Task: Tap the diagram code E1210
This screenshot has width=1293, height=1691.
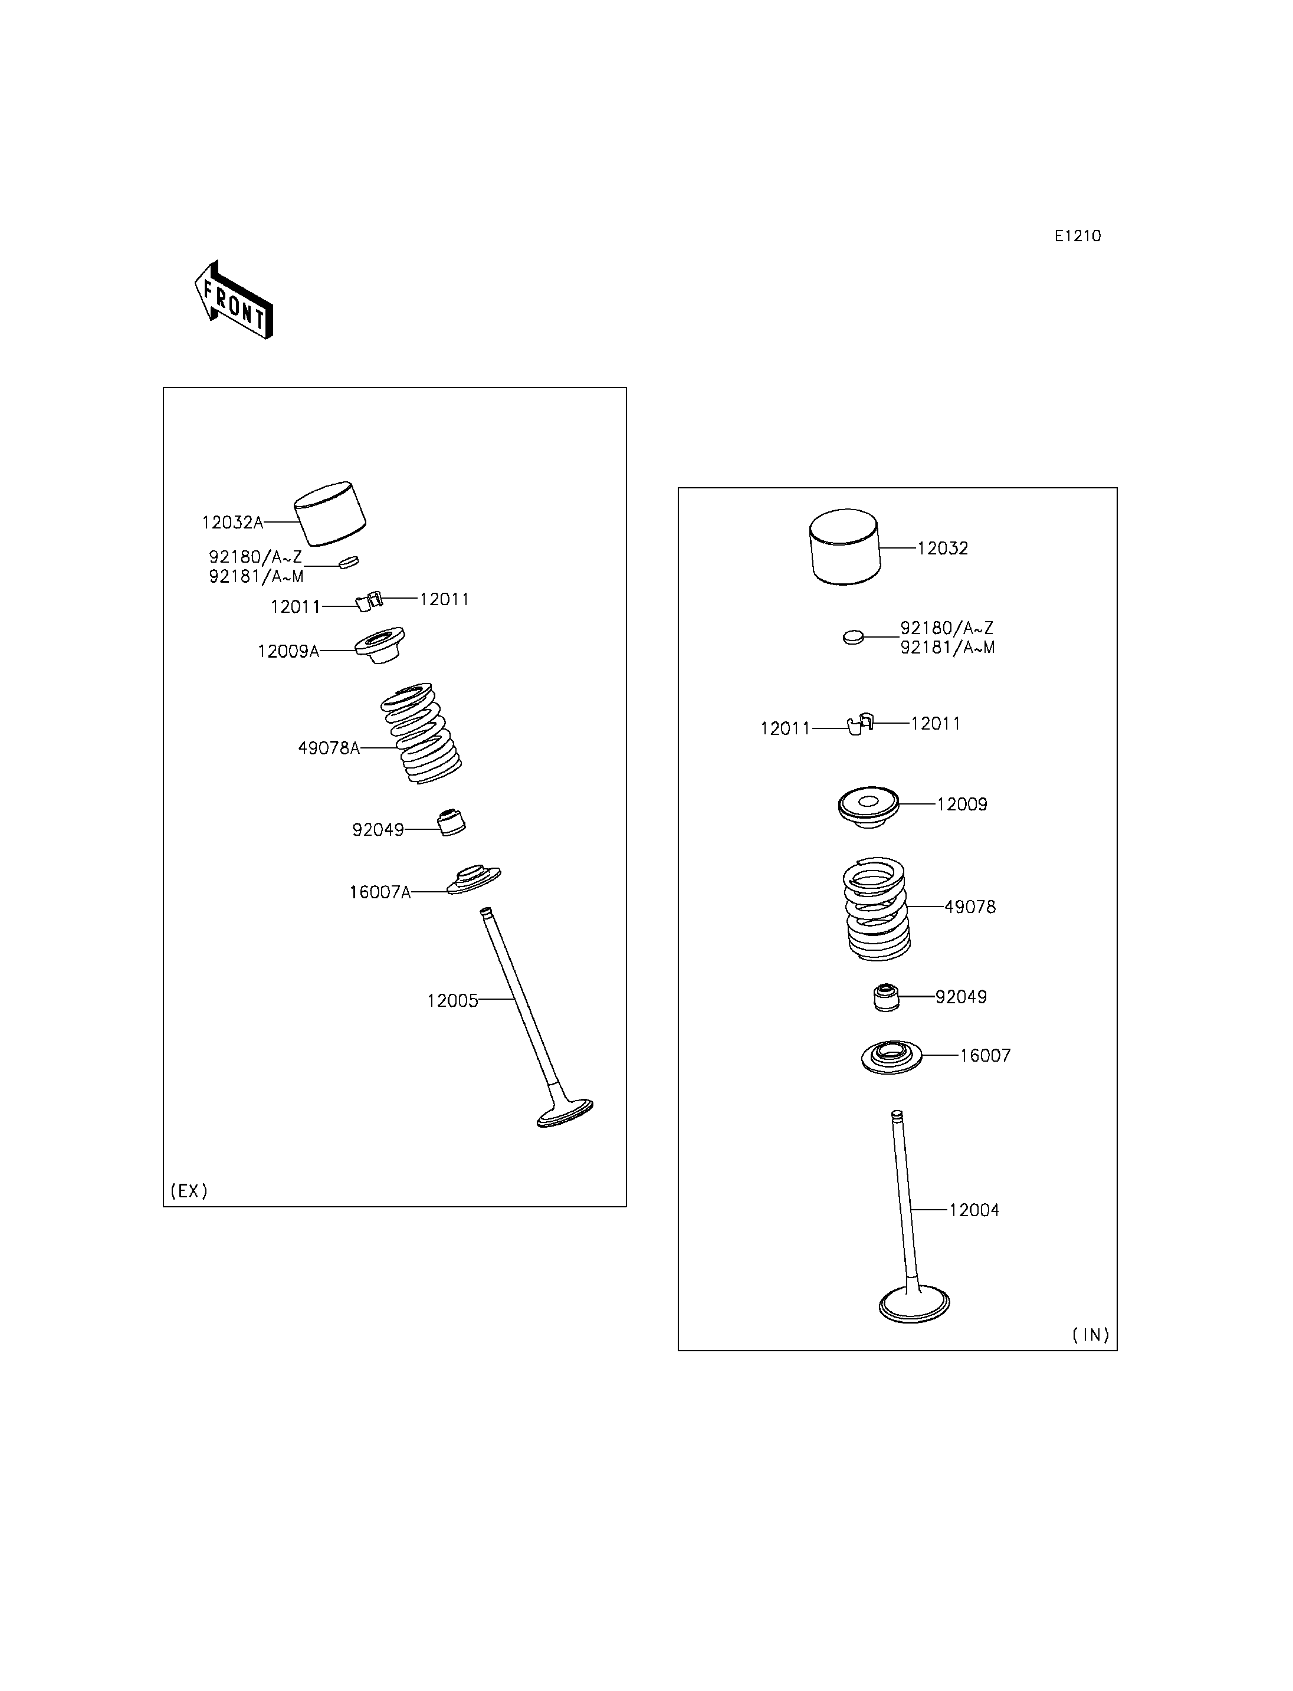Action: click(1078, 237)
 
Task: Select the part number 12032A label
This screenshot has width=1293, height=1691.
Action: click(232, 523)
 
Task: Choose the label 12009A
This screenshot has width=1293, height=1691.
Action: click(288, 651)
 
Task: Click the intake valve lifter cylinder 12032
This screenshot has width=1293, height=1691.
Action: click(844, 547)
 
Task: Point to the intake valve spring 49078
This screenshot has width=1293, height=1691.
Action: click(877, 908)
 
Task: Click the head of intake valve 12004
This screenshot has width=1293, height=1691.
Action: click(914, 1304)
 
